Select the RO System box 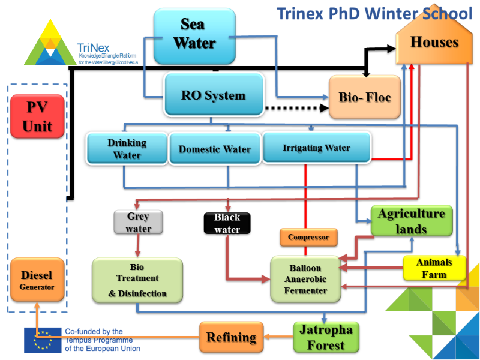[214, 95]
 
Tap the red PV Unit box [37, 116]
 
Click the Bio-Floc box [365, 97]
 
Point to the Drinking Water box [127, 149]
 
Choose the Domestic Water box [214, 149]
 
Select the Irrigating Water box [316, 148]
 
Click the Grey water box [139, 222]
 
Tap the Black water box [227, 223]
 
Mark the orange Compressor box [308, 237]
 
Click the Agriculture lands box [411, 221]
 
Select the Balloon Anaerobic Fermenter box [305, 279]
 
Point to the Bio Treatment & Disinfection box [137, 280]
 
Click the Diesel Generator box [37, 280]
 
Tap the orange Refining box [231, 337]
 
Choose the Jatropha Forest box [326, 337]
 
